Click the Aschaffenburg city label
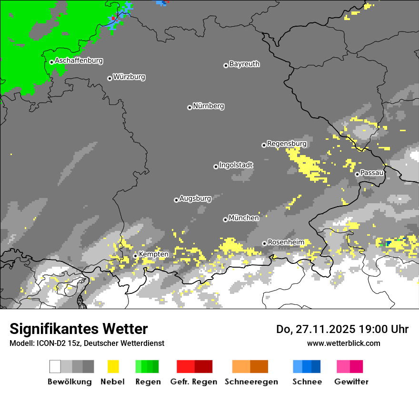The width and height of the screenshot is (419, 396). pos(79,61)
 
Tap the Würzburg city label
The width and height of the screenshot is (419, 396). pos(129,77)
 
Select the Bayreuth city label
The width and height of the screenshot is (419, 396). pos(244,64)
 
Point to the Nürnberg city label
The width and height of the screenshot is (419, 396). pos(209,106)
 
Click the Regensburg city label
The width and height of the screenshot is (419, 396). pos(287,144)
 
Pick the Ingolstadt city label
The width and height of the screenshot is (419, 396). pos(236,165)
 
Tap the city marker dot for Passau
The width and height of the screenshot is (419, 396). pos(357,174)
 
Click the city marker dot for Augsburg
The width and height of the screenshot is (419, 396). pos(176,200)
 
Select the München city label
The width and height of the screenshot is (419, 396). pos(244,218)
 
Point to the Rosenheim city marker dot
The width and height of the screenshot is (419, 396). pos(264,243)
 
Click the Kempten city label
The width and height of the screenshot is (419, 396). pos(153,254)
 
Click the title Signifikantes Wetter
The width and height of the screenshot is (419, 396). pos(79,329)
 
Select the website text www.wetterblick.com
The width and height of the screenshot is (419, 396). pos(343,343)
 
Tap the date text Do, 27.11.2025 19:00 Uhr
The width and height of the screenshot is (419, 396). pos(342,329)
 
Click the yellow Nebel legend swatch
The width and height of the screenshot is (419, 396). pos(113,366)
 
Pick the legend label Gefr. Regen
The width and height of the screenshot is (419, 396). pos(194,382)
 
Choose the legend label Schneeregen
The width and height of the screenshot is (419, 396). pos(250,382)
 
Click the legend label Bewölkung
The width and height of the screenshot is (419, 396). pos(70,382)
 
